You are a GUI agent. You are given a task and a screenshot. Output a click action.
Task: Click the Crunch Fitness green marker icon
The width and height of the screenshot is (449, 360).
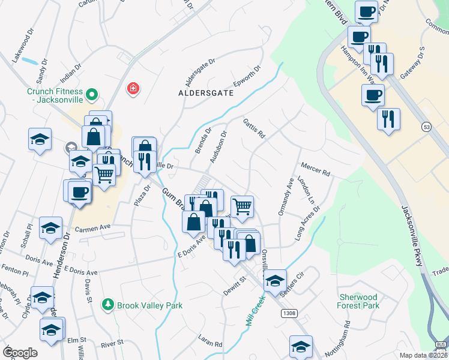pos(92,95)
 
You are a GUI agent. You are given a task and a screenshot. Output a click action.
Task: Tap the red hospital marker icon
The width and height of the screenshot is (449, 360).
pos(133,89)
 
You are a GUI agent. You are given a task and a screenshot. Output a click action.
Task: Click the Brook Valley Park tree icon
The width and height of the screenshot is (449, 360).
pos(108,305)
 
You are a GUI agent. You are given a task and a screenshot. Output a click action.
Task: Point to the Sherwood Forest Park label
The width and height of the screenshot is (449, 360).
pos(358,301)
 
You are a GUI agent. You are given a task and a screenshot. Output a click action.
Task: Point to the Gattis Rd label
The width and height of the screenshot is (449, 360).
pos(254,128)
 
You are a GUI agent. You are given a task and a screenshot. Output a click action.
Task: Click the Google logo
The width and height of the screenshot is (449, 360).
pos(20,353)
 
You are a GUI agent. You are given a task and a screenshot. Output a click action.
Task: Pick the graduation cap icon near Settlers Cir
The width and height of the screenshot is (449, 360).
pos(275,280)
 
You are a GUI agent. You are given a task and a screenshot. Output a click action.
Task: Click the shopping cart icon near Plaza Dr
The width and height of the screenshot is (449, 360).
pos(104,175)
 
